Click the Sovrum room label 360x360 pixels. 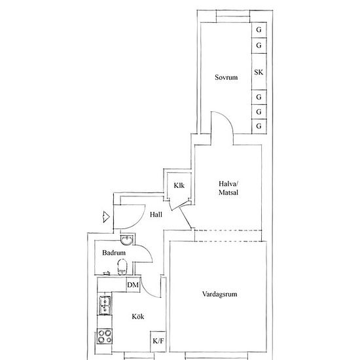coord(226,77)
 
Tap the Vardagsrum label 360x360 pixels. coord(219,295)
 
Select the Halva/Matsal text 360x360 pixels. coord(228,188)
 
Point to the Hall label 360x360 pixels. coord(156,215)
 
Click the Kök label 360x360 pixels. coord(138,317)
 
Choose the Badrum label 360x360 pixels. coord(114,253)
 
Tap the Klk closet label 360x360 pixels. coord(179,185)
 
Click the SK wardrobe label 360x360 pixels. coord(259,72)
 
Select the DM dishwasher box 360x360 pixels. coord(133,285)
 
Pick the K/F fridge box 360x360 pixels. coord(158,341)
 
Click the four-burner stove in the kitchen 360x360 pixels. coord(105,336)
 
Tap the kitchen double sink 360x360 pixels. coord(105,305)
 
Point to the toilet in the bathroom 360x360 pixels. coord(122,267)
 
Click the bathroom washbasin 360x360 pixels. coord(126,240)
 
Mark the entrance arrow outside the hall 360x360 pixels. coord(106,217)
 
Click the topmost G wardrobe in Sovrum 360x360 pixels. coord(259,30)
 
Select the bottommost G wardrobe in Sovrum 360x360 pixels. coord(259,126)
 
